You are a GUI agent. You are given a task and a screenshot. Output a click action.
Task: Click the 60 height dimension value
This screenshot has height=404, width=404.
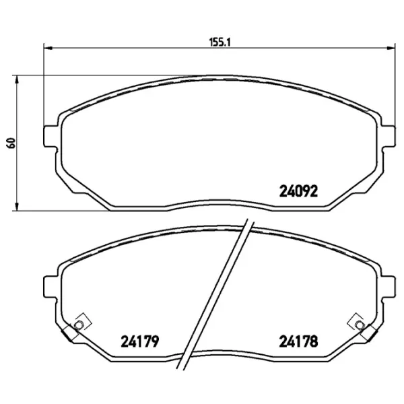click(9, 143)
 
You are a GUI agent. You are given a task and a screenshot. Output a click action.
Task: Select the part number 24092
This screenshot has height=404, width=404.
click(298, 191)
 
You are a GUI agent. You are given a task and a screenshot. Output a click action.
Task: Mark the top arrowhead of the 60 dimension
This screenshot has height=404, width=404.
click(17, 79)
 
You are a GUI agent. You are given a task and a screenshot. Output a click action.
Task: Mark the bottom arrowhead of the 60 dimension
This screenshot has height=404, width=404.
click(17, 205)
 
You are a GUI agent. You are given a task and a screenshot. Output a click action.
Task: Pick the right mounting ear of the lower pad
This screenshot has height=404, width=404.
click(389, 285)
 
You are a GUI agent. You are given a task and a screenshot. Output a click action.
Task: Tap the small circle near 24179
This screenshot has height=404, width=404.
click(78, 327)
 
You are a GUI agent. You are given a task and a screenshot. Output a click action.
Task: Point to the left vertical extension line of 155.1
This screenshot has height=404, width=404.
click(44, 88)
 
